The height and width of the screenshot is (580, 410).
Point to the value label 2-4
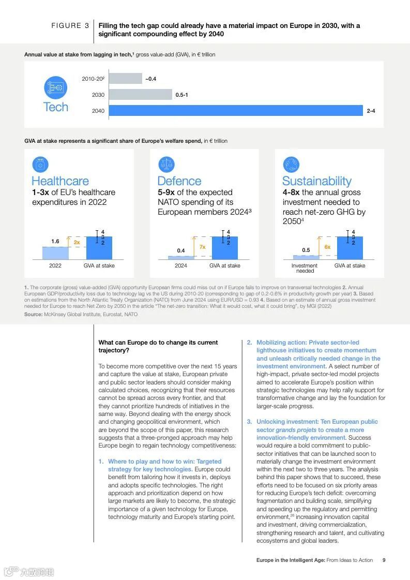pyautogui.click(x=371, y=111)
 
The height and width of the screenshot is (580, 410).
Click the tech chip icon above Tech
pyautogui.click(x=55, y=88)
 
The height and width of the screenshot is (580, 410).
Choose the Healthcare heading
pyautogui.click(x=60, y=181)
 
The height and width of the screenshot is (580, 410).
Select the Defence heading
pyautogui.click(x=179, y=181)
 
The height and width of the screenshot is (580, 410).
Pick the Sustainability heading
pyautogui.click(x=316, y=181)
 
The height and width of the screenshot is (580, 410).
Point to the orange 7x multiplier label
pyautogui.click(x=202, y=247)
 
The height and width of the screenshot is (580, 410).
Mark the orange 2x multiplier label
pyautogui.click(x=77, y=242)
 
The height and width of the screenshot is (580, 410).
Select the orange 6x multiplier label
pyautogui.click(x=327, y=247)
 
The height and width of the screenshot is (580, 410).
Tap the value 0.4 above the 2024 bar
pyautogui.click(x=181, y=250)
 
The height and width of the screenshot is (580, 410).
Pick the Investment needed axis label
pyautogui.click(x=305, y=268)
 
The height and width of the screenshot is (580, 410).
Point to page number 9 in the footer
pyautogui.click(x=384, y=560)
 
